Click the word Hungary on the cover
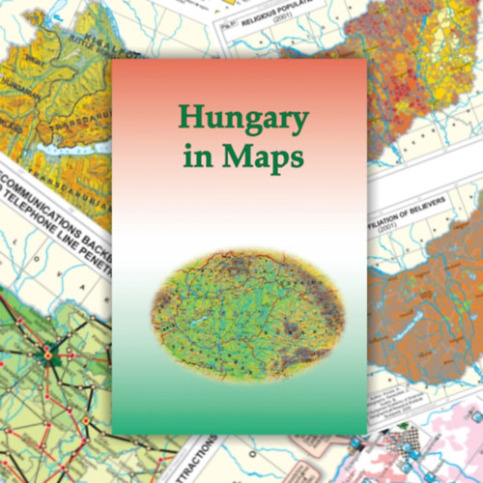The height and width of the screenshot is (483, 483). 241,121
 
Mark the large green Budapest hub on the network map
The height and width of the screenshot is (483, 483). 45,355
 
